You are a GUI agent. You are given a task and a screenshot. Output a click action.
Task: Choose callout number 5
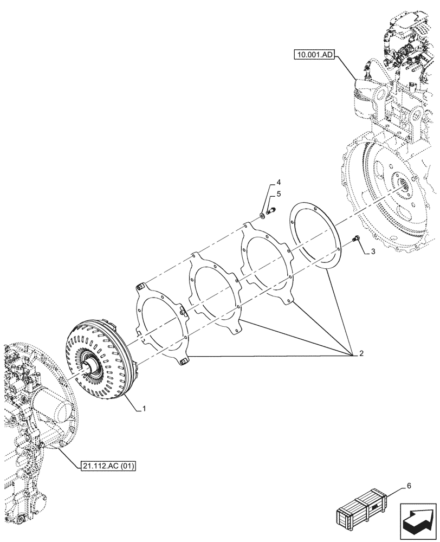[278, 193]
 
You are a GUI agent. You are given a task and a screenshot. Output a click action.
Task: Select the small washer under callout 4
[262, 216]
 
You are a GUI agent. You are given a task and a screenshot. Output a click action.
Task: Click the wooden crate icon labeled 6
[363, 510]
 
